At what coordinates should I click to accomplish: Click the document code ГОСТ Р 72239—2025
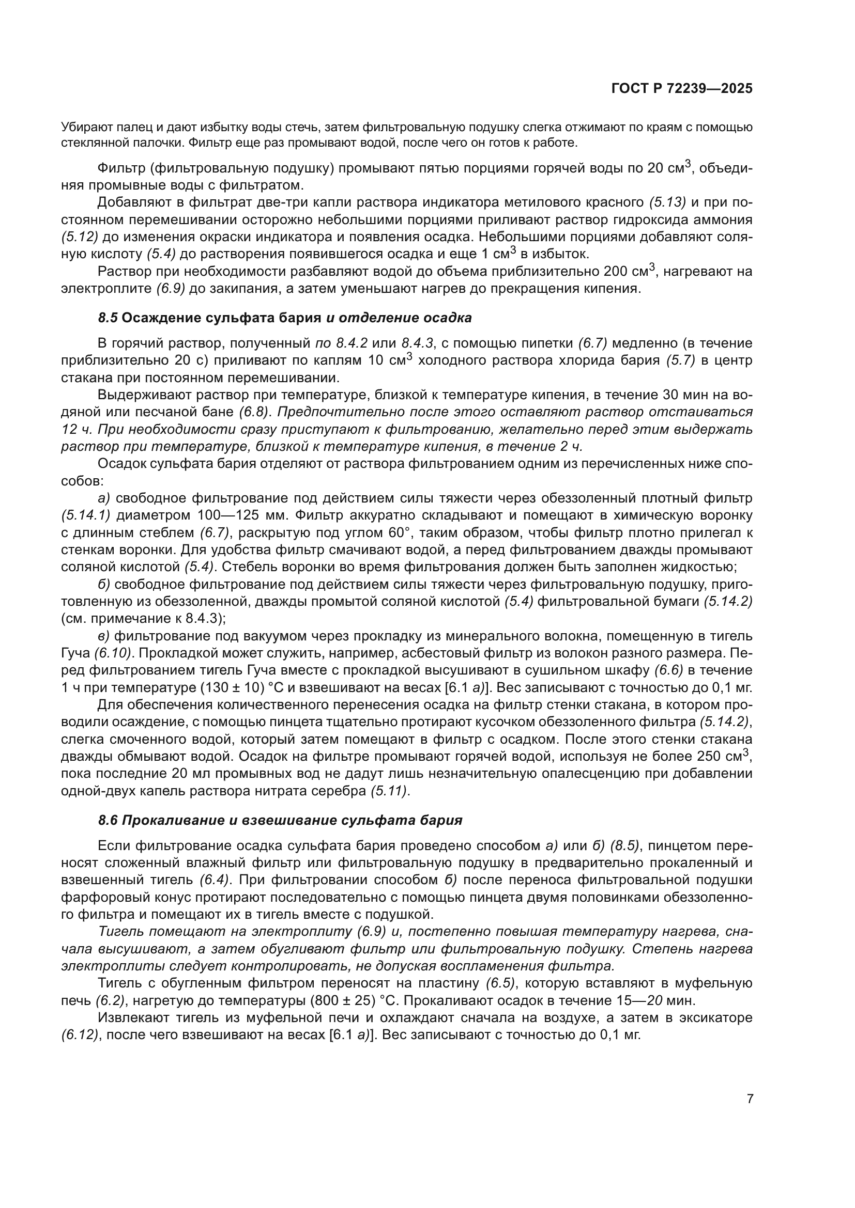[x=682, y=88]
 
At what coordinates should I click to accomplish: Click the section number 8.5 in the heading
[x=108, y=318]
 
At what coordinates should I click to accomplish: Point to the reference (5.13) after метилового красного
[x=667, y=202]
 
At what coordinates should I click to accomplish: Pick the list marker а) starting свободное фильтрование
[x=104, y=498]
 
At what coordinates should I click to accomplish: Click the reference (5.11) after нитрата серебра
[x=389, y=791]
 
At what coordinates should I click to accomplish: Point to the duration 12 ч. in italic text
[x=77, y=429]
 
